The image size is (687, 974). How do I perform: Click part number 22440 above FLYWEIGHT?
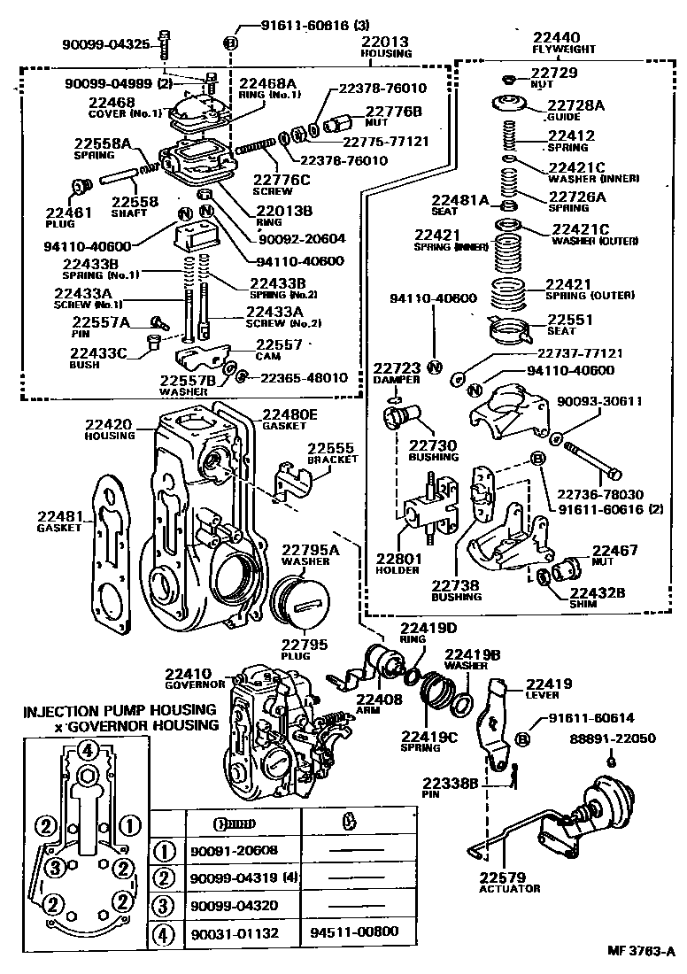[x=555, y=37]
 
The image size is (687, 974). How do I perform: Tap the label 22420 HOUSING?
[x=110, y=429]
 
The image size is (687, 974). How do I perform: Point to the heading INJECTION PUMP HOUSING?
[x=120, y=711]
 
